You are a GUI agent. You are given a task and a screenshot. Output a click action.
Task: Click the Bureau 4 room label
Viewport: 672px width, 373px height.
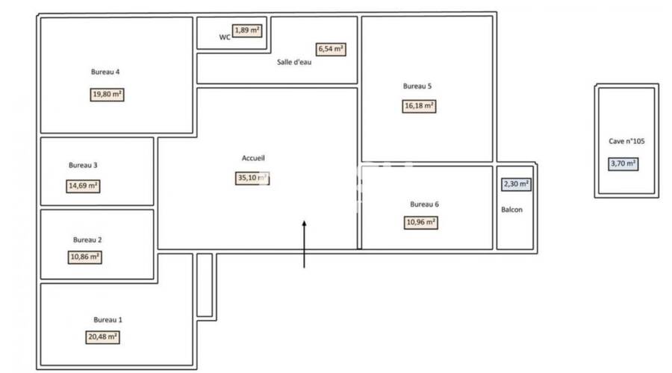(x=105, y=72)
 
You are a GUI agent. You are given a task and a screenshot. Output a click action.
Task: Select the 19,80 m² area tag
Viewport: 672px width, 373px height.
(x=108, y=95)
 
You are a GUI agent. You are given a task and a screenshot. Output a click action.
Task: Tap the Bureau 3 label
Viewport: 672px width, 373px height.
(x=83, y=165)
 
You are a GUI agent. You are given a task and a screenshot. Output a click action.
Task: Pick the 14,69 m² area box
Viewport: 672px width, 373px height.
(x=83, y=186)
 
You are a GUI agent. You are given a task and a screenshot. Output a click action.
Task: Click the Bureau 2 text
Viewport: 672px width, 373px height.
(x=87, y=239)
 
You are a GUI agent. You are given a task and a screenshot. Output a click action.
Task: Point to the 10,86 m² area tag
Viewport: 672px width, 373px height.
(x=84, y=257)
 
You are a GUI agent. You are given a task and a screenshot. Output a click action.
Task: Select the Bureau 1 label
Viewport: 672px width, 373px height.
(x=108, y=319)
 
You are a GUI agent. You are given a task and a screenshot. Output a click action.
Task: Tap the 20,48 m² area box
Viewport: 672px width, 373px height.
(x=103, y=337)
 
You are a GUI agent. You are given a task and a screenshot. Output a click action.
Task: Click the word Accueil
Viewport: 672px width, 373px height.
(x=253, y=158)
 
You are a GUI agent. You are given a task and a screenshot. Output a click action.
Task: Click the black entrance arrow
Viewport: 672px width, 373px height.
(x=304, y=243)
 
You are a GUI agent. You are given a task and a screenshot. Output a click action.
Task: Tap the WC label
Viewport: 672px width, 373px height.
(x=224, y=37)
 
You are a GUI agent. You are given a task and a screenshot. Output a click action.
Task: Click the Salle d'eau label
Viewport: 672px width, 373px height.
(x=293, y=63)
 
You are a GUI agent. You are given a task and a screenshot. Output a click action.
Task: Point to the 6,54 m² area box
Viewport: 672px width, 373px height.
(x=331, y=49)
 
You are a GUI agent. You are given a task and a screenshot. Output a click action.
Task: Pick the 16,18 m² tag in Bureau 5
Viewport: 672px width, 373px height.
(x=418, y=106)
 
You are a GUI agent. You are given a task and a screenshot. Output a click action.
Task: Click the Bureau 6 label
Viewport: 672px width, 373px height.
(x=425, y=204)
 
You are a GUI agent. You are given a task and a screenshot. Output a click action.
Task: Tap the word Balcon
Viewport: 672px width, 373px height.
(x=511, y=210)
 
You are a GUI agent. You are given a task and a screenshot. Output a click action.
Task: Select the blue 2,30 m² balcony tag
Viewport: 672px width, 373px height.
(x=515, y=184)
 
